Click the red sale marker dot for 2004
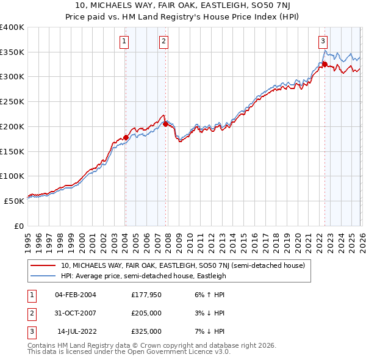click(x=126, y=137)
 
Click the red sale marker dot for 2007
click(x=165, y=124)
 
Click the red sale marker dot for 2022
click(x=325, y=64)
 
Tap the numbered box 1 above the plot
click(x=124, y=41)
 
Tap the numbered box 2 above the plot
click(x=164, y=41)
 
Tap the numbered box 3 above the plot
click(x=323, y=41)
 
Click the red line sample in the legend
click(x=43, y=266)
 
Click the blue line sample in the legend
click(x=43, y=276)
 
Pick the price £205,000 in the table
click(x=146, y=313)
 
